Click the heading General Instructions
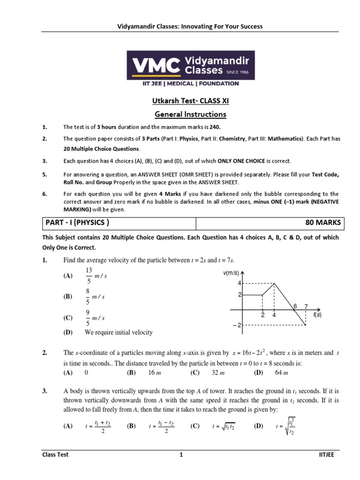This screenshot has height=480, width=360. pyautogui.click(x=191, y=114)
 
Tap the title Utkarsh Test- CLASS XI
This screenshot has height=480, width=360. pyautogui.click(x=191, y=101)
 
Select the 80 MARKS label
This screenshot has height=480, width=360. pyautogui.click(x=323, y=223)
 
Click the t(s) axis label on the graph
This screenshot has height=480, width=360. pyautogui.click(x=317, y=315)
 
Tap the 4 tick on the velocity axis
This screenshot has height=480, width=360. pyautogui.click(x=239, y=284)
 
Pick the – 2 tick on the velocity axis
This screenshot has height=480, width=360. pyautogui.click(x=236, y=325)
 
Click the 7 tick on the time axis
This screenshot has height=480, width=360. pyautogui.click(x=306, y=306)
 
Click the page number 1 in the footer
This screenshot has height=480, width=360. pyautogui.click(x=180, y=455)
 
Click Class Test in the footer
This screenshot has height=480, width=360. pyautogui.click(x=55, y=455)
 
